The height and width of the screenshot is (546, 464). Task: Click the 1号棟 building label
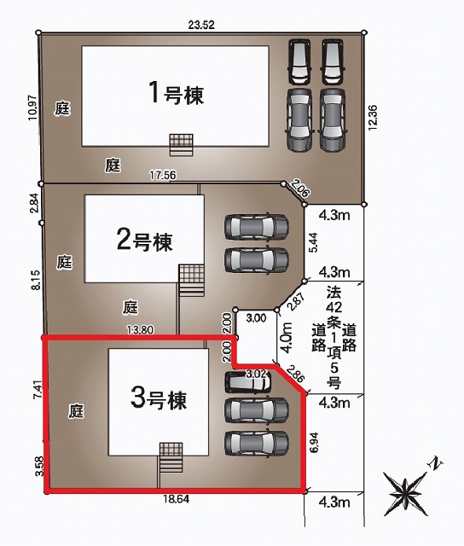[176, 93]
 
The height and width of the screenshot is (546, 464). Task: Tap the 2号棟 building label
[144, 240]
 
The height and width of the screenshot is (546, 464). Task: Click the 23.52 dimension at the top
[201, 25]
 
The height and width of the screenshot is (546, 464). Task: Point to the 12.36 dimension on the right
[373, 118]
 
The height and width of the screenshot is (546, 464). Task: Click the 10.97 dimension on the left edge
[32, 107]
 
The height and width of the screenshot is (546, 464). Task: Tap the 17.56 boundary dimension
[163, 175]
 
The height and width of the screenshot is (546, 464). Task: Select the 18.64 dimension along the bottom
[177, 499]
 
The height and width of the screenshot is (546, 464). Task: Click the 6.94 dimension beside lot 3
[314, 442]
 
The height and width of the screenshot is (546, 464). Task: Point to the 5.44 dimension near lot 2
[314, 242]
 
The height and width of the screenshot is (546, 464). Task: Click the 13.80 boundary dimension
[140, 329]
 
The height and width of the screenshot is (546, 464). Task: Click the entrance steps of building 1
[182, 145]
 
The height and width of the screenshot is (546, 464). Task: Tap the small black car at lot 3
[247, 382]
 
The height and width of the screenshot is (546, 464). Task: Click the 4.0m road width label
[287, 338]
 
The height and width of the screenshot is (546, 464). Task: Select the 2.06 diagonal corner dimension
[299, 188]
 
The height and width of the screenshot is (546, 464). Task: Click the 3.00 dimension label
[256, 317]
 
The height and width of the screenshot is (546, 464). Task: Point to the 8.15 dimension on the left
[36, 280]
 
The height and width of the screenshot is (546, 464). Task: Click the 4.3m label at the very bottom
[334, 502]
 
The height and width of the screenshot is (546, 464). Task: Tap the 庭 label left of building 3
[76, 411]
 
